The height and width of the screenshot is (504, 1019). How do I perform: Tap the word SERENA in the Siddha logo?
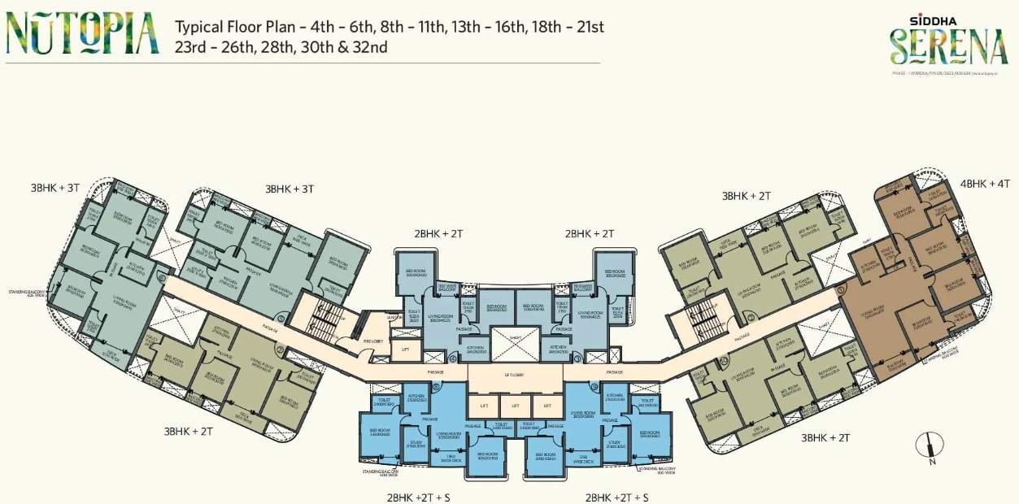(948, 47)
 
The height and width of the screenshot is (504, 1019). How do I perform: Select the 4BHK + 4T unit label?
(984, 184)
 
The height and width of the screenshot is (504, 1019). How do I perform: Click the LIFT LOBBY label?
(510, 375)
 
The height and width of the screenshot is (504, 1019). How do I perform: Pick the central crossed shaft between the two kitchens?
(515, 344)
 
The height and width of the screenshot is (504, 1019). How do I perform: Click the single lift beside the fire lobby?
(405, 350)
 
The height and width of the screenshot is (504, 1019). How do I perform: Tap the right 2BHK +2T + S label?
(616, 496)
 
